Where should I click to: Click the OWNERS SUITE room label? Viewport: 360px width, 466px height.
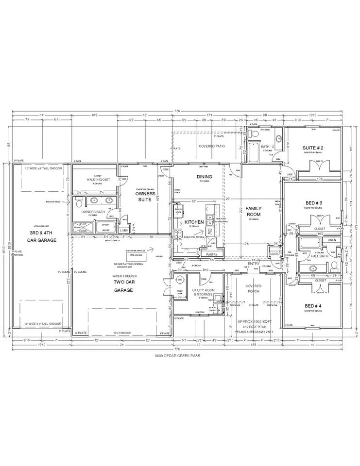pos(145,196)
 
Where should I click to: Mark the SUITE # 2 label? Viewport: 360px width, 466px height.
pos(313,148)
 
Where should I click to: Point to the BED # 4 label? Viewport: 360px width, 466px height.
pos(313,306)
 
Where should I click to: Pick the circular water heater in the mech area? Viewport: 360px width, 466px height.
pos(179,279)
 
